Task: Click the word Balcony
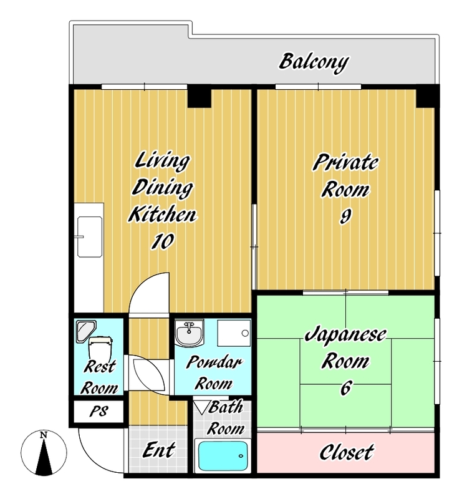[314, 62]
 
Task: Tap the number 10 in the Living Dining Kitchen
[162, 241]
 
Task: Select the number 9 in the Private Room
[346, 217]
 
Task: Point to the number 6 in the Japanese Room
[346, 388]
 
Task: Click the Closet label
[347, 452]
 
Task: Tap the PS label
[99, 411]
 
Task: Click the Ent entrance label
[158, 450]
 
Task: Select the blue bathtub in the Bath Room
[223, 456]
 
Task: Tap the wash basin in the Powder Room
[190, 332]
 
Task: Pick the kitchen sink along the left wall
[90, 237]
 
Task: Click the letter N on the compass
[44, 435]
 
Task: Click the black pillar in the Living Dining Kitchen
[199, 97]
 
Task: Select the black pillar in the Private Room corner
[426, 97]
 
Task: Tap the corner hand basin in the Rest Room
[85, 331]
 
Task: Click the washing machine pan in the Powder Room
[234, 333]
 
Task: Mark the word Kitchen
[162, 214]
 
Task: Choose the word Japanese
[346, 335]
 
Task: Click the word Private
[346, 162]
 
